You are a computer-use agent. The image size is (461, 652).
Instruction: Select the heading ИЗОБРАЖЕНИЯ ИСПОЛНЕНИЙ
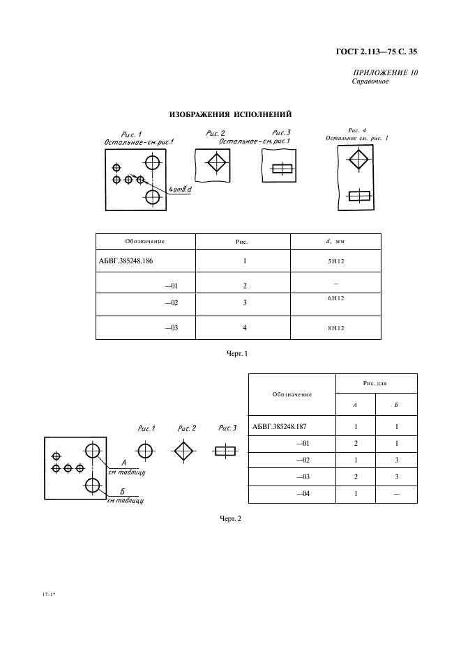coord(231,114)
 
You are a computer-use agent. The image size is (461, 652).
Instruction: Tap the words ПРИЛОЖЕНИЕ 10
coord(386,72)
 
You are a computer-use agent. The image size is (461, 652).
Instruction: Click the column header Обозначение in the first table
coord(144,241)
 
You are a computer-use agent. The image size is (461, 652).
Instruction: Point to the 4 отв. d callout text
coord(179,189)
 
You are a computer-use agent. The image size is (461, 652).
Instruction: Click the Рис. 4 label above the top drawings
coord(357,130)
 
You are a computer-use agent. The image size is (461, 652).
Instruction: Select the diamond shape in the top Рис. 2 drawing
coord(216,165)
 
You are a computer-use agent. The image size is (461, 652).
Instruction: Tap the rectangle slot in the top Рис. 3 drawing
coord(280,168)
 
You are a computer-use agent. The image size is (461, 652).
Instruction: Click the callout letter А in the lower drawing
coord(123,461)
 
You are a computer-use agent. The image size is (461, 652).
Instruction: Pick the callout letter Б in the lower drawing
coord(122,492)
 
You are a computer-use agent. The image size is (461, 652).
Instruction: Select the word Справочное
coord(370,81)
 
